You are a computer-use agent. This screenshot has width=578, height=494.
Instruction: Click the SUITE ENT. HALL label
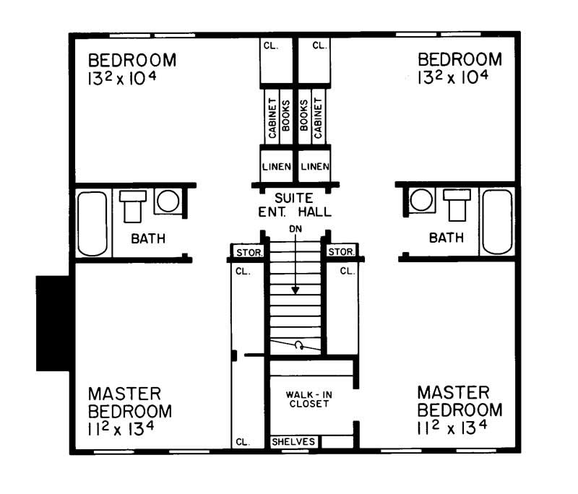click(294, 205)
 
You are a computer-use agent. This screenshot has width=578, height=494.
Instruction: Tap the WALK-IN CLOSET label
click(309, 399)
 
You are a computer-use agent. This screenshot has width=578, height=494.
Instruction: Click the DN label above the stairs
click(295, 229)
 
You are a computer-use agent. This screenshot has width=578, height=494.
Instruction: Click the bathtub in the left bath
click(92, 223)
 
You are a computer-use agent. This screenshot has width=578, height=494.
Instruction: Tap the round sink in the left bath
click(168, 201)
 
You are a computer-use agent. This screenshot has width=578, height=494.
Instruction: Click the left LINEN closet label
click(276, 167)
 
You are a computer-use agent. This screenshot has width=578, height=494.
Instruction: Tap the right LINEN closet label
click(315, 167)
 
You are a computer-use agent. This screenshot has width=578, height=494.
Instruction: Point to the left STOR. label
click(248, 253)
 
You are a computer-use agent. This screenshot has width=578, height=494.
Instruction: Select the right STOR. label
click(341, 253)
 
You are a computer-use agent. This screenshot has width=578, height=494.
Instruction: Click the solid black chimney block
click(55, 323)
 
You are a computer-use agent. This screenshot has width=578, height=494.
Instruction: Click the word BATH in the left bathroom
click(147, 238)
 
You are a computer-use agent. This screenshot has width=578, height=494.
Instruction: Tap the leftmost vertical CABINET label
click(272, 118)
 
